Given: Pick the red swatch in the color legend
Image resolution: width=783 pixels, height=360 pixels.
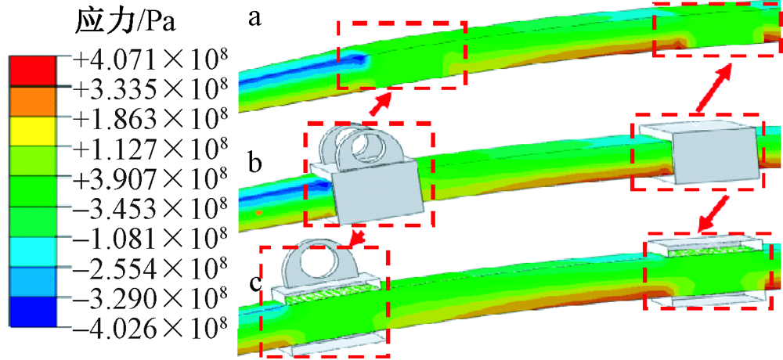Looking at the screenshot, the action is (32, 71).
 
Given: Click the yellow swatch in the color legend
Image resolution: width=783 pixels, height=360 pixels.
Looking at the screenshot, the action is (32, 131).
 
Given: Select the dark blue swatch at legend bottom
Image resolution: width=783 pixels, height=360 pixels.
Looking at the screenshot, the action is (32, 312).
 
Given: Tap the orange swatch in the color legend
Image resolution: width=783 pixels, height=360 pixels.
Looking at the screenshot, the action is (32, 102).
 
